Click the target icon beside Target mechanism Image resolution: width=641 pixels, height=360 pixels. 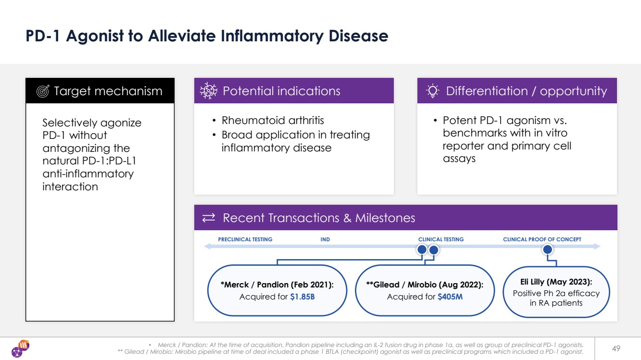(x=43, y=91)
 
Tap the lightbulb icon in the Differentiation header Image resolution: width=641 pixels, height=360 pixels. (x=432, y=91)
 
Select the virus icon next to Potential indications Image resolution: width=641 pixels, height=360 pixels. (x=209, y=91)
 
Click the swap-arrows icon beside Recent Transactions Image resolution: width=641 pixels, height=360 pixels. (x=209, y=218)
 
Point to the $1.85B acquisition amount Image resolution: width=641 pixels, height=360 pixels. (x=302, y=297)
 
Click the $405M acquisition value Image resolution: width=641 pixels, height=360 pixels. (x=450, y=297)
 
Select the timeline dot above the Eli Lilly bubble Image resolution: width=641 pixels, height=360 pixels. (x=547, y=249)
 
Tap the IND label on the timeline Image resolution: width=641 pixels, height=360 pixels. (x=325, y=239)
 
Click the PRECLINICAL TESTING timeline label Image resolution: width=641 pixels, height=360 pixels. (x=245, y=239)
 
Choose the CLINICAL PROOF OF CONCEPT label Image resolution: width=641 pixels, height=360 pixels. (x=542, y=239)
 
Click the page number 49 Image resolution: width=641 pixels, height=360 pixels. (x=616, y=348)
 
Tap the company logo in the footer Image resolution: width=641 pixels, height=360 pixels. (x=21, y=348)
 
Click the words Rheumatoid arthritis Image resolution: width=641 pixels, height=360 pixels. (x=273, y=120)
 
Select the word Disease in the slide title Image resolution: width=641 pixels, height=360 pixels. (x=358, y=36)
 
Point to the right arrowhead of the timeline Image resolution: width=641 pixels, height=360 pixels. (x=597, y=246)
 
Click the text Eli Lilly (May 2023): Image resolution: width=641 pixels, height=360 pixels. (x=556, y=282)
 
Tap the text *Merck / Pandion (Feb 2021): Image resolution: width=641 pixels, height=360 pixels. (x=277, y=285)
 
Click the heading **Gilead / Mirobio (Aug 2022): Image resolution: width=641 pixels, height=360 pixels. (x=425, y=285)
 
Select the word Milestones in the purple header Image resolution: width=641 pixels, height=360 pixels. (x=385, y=218)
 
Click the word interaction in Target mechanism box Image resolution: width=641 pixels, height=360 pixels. (x=70, y=186)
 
